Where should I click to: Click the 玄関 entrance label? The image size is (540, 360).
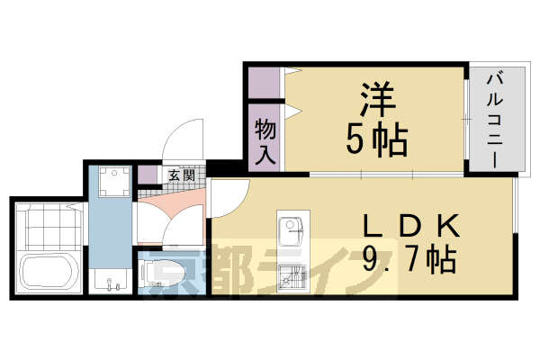coord(182,175)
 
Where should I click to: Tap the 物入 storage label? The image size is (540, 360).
coord(265,141)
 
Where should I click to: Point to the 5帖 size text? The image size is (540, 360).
coord(377,139)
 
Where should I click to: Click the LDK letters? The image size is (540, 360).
coord(412,226)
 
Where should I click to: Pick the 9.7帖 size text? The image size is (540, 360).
coord(409,260)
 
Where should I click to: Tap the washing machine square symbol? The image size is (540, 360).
coord(115,182)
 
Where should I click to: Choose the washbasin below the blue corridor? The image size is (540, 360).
coord(110,281)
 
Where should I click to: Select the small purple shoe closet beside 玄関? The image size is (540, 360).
coord(147,175)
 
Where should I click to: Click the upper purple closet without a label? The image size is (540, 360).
coord(264,83)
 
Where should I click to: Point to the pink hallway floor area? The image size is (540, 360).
coord(172,203)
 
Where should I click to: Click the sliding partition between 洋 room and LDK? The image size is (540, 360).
coord(387,175)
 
